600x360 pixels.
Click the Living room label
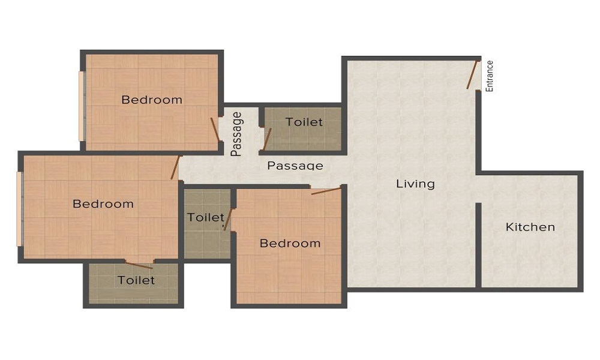(x=415, y=184)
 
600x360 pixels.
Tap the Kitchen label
(x=530, y=227)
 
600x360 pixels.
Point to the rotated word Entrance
(x=490, y=76)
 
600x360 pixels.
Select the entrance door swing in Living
(x=473, y=74)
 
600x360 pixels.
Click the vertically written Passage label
(x=237, y=134)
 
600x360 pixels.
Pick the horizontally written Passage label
(x=295, y=166)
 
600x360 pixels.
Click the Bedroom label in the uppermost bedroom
(x=152, y=100)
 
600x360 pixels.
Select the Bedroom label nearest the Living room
(x=290, y=243)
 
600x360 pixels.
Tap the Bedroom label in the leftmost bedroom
(x=103, y=204)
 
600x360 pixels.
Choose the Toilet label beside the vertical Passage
(x=304, y=122)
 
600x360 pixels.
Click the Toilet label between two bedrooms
(x=205, y=217)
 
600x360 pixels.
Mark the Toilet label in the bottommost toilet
(x=136, y=280)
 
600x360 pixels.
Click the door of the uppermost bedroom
(x=215, y=129)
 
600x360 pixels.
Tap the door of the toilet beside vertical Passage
(x=267, y=138)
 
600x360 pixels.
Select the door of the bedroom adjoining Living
(x=326, y=191)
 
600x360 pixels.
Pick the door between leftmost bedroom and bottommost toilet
(x=139, y=265)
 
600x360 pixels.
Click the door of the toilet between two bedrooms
(x=227, y=220)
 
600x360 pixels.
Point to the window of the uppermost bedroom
(x=82, y=106)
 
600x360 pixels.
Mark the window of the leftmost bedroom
(x=19, y=209)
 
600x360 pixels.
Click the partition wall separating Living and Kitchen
(x=478, y=245)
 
